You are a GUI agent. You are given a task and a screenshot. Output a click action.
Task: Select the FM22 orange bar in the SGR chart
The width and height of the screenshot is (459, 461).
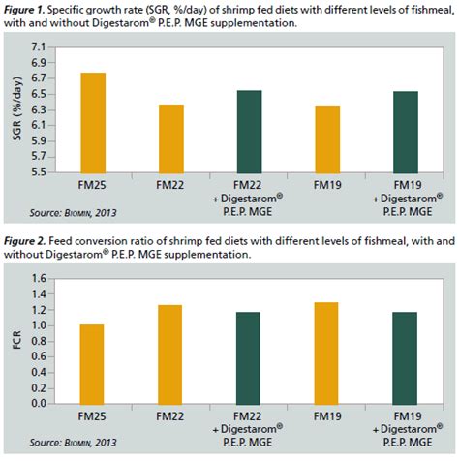click(170, 138)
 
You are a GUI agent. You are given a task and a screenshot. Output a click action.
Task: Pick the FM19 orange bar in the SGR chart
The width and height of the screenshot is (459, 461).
click(327, 138)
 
